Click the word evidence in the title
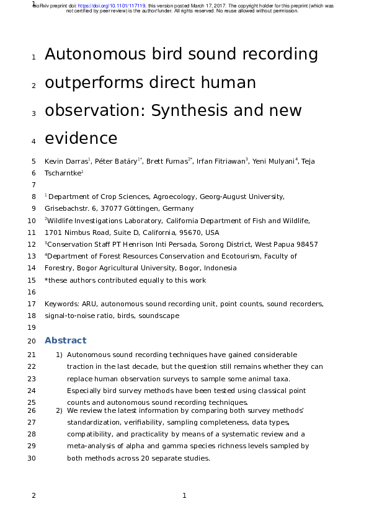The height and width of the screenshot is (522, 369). [81, 138]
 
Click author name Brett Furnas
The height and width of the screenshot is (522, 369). [170, 161]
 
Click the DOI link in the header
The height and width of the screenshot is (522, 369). [118, 5]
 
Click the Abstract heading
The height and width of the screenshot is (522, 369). [65, 341]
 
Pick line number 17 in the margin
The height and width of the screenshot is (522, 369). [32, 304]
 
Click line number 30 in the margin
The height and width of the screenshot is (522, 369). [32, 458]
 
